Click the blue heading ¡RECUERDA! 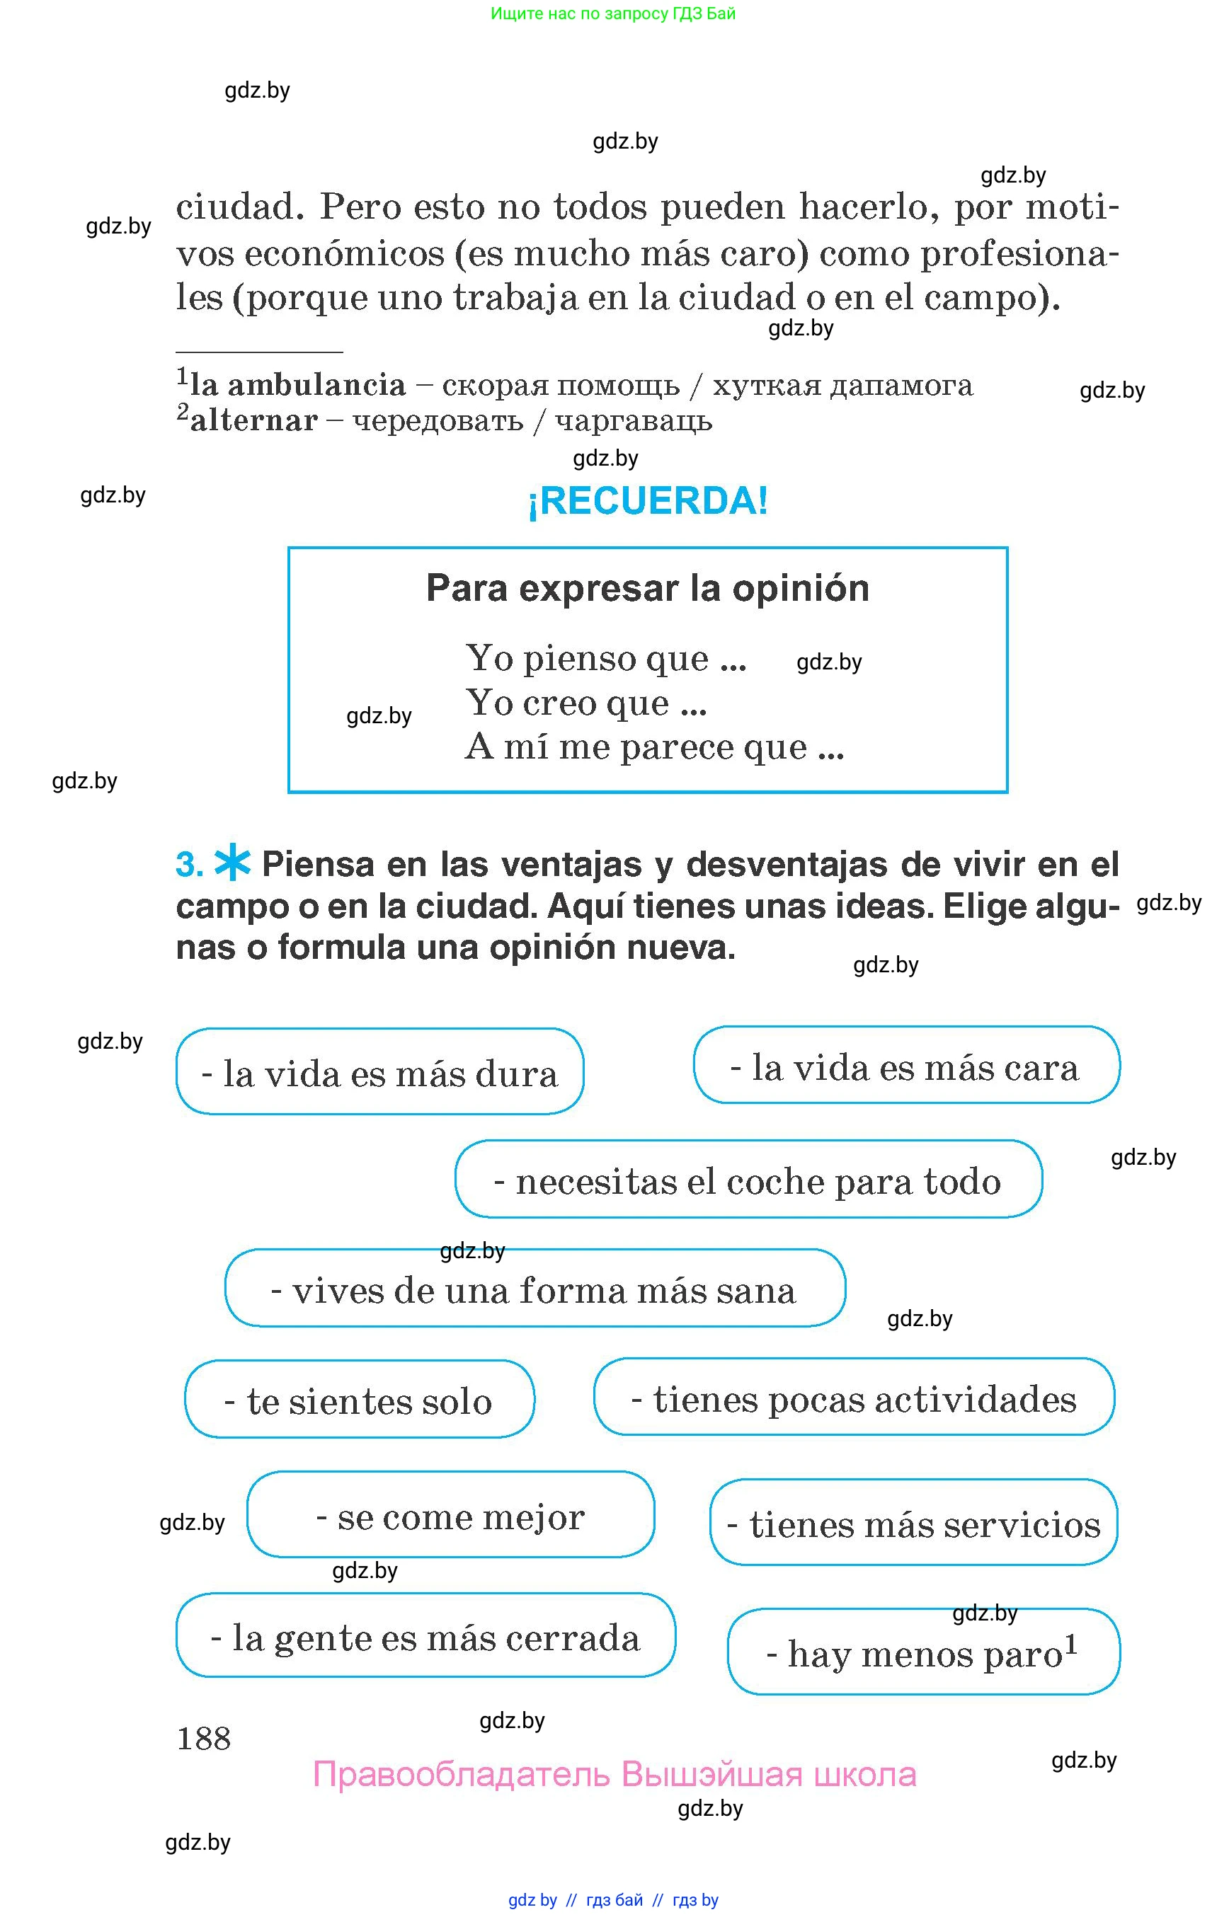pyautogui.click(x=647, y=502)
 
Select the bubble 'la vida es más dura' pyautogui.click(x=380, y=1073)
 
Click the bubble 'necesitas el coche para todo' pyautogui.click(x=748, y=1180)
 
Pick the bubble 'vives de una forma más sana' pyautogui.click(x=534, y=1290)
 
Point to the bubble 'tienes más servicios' pyautogui.click(x=913, y=1524)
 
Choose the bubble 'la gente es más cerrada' pyautogui.click(x=425, y=1637)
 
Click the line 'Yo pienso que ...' pyautogui.click(x=606, y=659)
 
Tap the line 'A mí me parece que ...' pyautogui.click(x=654, y=747)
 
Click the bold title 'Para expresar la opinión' pyautogui.click(x=647, y=589)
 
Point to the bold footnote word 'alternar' pyautogui.click(x=253, y=420)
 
